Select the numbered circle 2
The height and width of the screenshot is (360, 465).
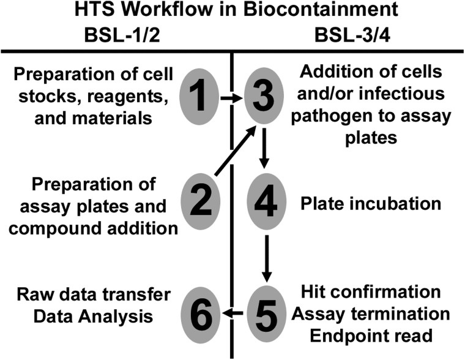click(x=201, y=201)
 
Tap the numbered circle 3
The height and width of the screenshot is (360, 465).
click(x=264, y=96)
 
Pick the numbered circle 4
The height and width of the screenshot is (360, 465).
click(x=266, y=201)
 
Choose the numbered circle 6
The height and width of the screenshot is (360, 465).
click(x=201, y=314)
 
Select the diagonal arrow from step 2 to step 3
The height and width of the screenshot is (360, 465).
click(x=236, y=150)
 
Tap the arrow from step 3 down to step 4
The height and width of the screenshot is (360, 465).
click(x=264, y=148)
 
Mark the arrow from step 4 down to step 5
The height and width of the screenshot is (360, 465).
click(x=267, y=258)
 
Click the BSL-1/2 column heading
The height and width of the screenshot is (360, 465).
click(x=122, y=36)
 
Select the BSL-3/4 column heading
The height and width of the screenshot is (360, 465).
click(x=352, y=36)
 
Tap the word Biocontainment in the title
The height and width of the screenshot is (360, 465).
click(x=321, y=9)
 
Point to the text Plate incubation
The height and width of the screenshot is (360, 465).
click(x=371, y=204)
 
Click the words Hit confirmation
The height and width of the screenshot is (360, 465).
click(x=371, y=292)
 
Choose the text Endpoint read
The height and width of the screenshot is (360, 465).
click(x=371, y=336)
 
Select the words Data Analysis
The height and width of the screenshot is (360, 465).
click(x=93, y=317)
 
